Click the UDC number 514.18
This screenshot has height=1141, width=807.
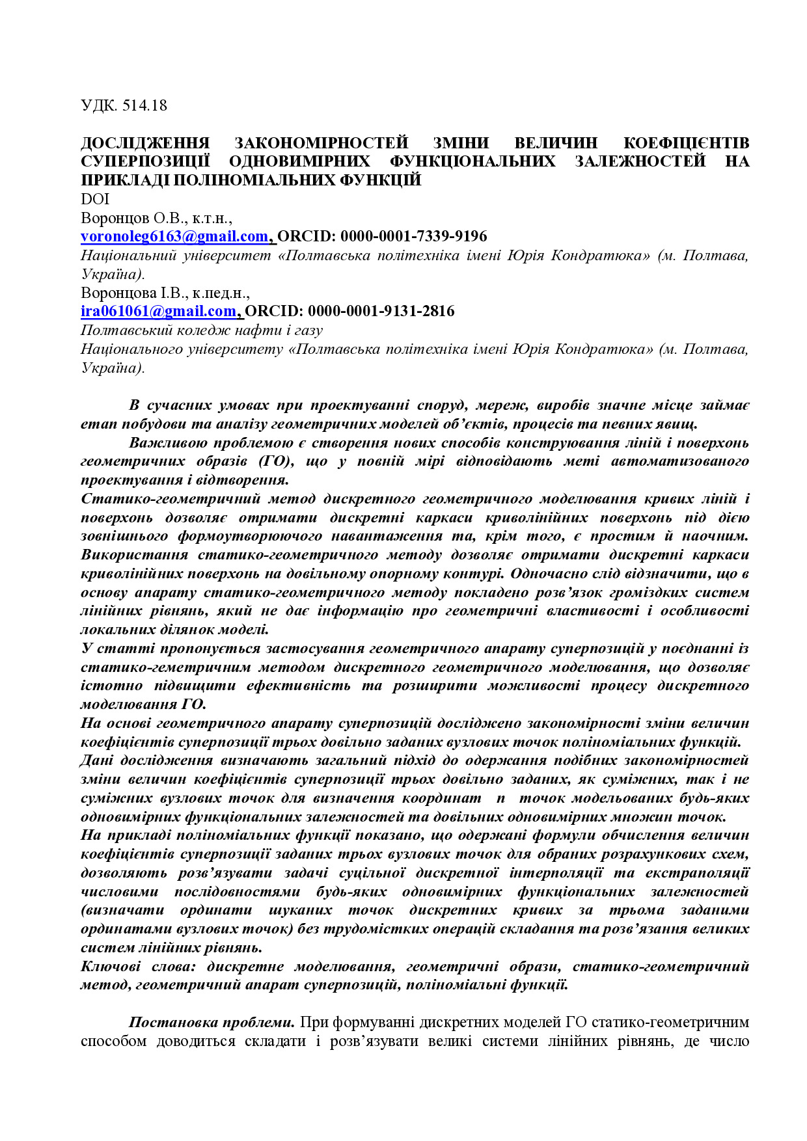(x=144, y=105)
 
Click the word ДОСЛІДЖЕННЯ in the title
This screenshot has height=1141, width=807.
(x=145, y=143)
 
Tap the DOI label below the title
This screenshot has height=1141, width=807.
(x=95, y=199)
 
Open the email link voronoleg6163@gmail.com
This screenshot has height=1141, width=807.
(x=174, y=236)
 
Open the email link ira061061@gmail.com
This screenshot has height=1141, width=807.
(x=158, y=312)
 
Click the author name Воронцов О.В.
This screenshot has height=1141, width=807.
(x=134, y=218)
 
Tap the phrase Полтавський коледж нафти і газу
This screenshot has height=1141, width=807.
(x=202, y=330)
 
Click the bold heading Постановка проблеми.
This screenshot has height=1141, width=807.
(x=212, y=1023)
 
